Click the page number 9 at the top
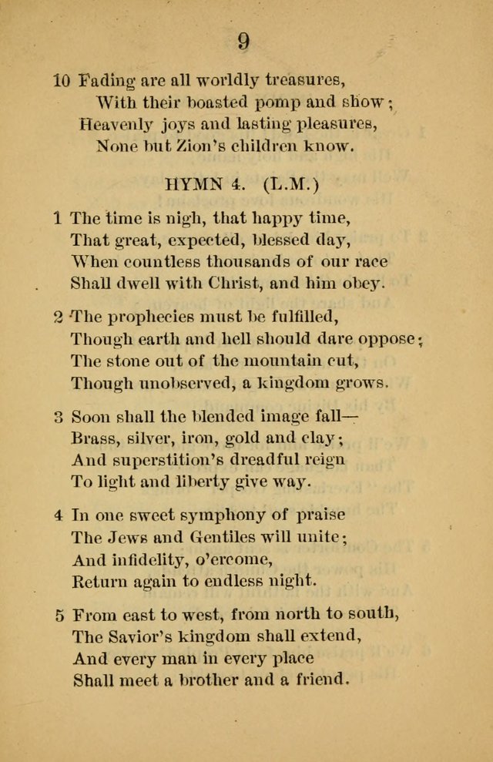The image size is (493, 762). click(x=243, y=42)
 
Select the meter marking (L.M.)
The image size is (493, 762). click(x=290, y=185)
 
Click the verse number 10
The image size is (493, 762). click(x=62, y=79)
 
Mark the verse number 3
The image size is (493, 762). click(x=59, y=417)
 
